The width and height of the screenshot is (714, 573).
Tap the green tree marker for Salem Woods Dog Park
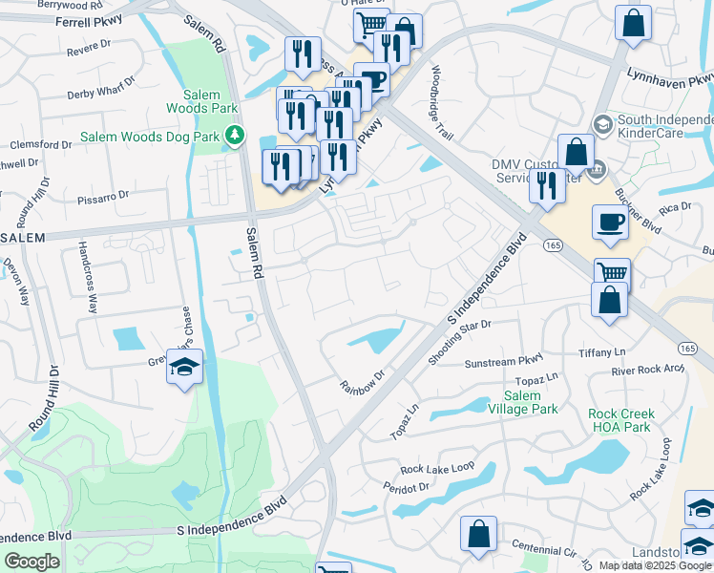tap(235, 138)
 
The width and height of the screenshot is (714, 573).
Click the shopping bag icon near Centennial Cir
tap(478, 535)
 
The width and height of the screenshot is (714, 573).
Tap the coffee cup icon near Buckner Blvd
tap(610, 223)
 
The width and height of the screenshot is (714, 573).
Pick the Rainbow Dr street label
tap(362, 379)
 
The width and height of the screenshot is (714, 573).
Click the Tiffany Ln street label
tap(601, 353)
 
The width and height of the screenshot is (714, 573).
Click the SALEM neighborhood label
tap(23, 238)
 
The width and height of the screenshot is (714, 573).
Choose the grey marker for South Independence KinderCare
tap(602, 123)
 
